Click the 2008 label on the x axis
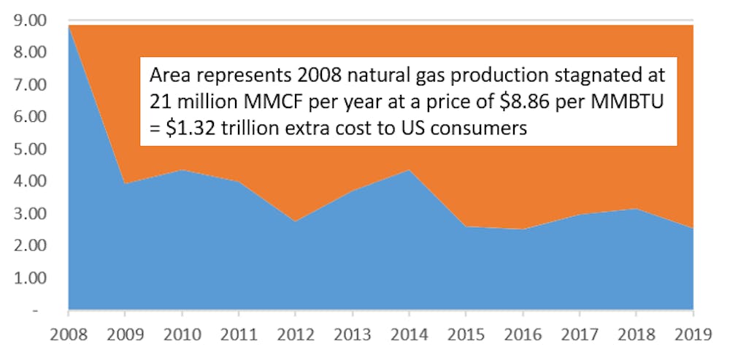click(69, 334)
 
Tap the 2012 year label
click(295, 334)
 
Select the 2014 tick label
click(409, 334)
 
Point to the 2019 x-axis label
click(693, 334)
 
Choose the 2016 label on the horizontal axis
click(523, 334)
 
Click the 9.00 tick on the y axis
click(33, 21)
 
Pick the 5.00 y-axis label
click(33, 150)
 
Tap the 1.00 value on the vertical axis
click(33, 278)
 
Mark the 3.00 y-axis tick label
click(33, 214)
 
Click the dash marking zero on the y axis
click(36, 310)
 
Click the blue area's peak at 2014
click(409, 170)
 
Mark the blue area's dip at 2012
click(295, 221)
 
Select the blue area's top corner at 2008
click(69, 26)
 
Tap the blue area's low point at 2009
click(125, 183)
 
